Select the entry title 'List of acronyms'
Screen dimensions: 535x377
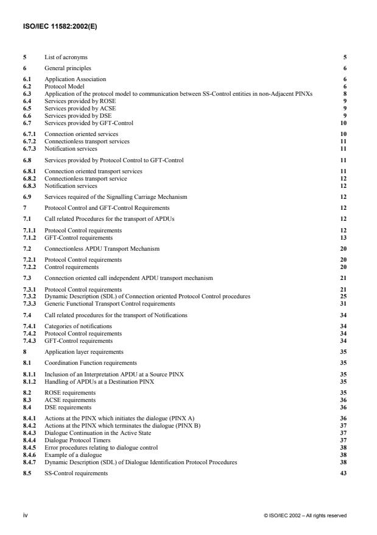[63, 57]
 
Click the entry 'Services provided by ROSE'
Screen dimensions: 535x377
[72, 100]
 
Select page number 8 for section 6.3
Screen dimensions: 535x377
[345, 95]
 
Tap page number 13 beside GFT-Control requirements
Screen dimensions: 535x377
[344, 236]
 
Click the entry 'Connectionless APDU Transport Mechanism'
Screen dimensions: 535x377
[92, 249]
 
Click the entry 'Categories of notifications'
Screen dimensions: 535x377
[78, 326]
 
